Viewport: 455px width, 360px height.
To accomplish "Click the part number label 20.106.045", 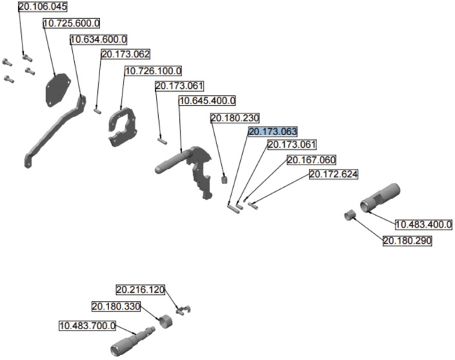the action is pos(43,7).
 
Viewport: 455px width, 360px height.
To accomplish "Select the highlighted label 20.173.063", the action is pos(273,132).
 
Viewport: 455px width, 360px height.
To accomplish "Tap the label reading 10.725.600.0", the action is pos(71,23).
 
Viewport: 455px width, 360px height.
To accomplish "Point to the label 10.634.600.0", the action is pos(99,39).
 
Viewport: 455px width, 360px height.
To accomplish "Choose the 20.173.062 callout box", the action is pos(125,54).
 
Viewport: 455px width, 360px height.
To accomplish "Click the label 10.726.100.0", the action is pos(153,71).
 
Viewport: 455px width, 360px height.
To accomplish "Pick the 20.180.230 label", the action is pos(234,118).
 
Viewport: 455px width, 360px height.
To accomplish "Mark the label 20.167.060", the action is pos(311,160).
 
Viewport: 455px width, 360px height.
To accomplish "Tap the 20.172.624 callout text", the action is pos(333,174).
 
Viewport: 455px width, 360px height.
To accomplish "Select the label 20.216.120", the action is pos(141,289).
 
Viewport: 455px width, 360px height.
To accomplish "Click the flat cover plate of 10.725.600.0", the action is pos(57,90).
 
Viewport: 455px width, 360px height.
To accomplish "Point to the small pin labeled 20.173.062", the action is pos(97,111).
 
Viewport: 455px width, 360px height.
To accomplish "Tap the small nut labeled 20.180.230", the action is pos(224,179).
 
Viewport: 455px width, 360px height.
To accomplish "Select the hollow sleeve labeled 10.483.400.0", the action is pos(380,198).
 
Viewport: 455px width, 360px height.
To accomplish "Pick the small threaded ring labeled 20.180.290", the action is pos(350,215).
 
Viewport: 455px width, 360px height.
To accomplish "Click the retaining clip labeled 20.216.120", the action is pos(183,310).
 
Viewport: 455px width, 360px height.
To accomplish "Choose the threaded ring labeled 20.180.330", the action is pos(166,321).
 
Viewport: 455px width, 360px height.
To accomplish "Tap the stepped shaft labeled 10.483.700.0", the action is pos(132,341).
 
